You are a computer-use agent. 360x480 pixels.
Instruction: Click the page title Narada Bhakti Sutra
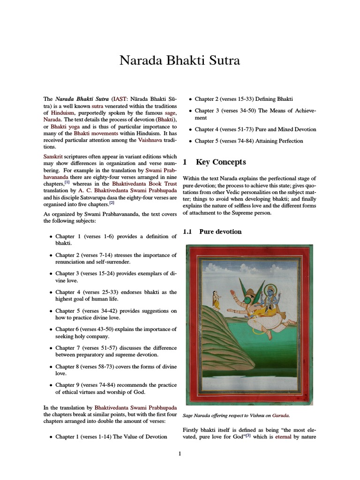point(180,60)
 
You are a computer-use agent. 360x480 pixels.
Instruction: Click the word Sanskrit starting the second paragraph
point(52,157)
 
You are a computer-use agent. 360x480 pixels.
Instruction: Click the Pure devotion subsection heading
point(220,232)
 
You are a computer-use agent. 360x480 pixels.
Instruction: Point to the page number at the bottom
point(180,454)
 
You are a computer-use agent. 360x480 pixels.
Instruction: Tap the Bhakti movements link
point(95,134)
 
